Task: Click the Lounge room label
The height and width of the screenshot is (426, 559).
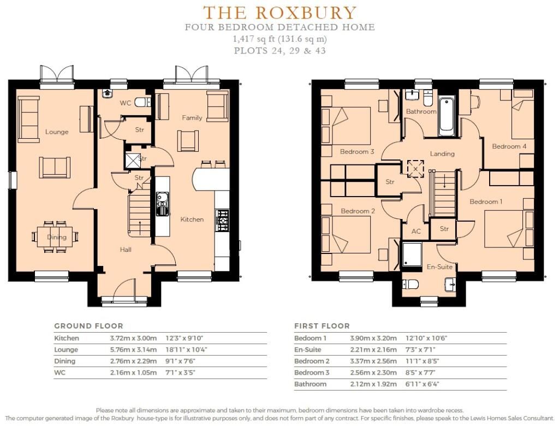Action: [x=57, y=132]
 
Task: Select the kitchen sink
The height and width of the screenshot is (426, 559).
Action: [x=162, y=204]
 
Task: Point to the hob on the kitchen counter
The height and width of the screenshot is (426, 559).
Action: [x=222, y=220]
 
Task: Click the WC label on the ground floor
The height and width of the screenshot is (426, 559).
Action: [x=126, y=103]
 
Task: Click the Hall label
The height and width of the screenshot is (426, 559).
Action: [x=126, y=250]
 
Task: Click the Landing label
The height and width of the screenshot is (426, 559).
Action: [x=442, y=154]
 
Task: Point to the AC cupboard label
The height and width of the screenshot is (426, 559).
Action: [x=416, y=231]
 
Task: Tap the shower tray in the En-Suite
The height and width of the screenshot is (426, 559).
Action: [x=412, y=255]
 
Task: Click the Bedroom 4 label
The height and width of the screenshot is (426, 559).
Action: [x=509, y=146]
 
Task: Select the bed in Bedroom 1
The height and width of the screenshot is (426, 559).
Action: [x=509, y=229]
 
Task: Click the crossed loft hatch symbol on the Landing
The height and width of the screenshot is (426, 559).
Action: [x=415, y=169]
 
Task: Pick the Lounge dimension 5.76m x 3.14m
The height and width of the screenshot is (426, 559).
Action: [x=133, y=350]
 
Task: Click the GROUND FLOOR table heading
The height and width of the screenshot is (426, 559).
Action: [x=89, y=326]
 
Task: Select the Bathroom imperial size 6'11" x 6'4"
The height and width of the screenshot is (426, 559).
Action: [x=423, y=384]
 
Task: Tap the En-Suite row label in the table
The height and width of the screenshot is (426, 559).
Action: [x=308, y=350]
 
